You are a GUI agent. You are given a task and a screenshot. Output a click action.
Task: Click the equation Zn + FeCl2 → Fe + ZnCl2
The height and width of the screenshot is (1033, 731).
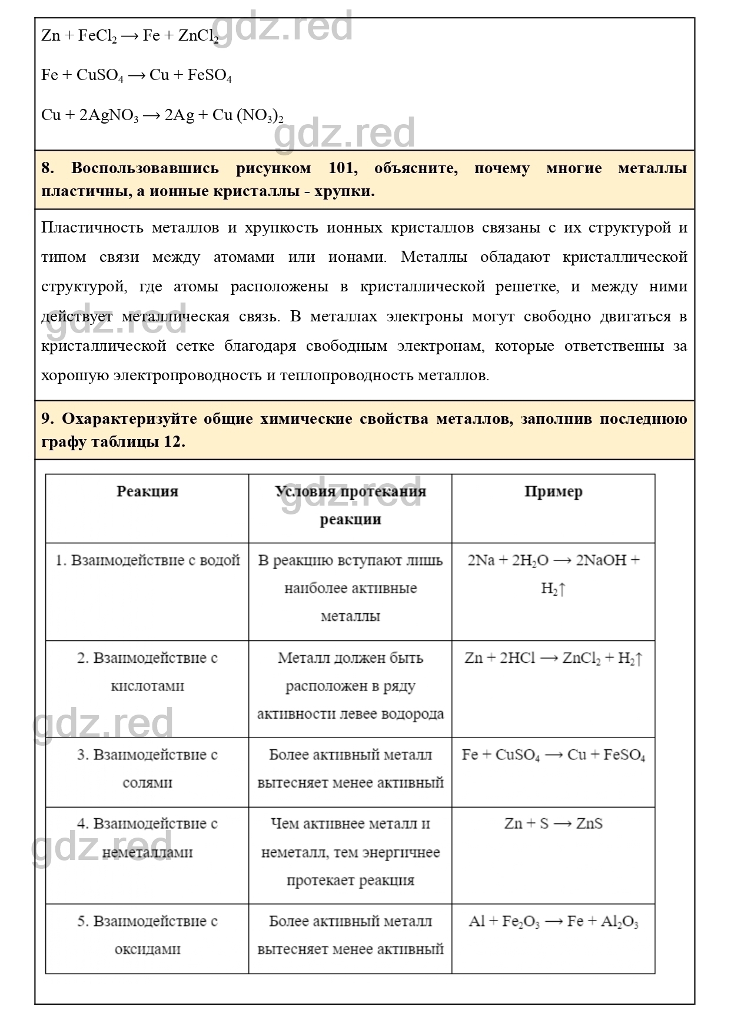pos(130,36)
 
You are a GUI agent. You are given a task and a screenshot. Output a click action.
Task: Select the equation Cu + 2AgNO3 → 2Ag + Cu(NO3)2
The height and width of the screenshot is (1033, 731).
pos(162,115)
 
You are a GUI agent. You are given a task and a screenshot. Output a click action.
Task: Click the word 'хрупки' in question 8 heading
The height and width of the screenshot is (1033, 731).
pos(344,192)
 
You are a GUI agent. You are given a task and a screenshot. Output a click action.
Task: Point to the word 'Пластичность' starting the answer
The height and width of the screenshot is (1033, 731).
pos(91,228)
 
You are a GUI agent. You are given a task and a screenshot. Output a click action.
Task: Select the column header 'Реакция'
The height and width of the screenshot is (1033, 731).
pos(147,492)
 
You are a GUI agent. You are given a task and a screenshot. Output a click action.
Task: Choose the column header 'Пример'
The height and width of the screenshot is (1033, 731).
pos(553,492)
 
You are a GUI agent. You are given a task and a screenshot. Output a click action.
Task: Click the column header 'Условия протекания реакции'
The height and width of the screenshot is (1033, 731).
pos(350,506)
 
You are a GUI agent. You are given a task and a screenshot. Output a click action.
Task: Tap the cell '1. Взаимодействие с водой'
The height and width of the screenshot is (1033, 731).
pos(147,560)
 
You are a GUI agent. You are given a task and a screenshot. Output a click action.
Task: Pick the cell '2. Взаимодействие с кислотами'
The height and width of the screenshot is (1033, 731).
pos(147,672)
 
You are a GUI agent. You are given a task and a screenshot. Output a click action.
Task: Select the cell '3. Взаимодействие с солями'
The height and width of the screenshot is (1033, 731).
pos(147,769)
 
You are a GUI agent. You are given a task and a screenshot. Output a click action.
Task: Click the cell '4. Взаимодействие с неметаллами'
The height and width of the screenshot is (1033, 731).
pos(147,838)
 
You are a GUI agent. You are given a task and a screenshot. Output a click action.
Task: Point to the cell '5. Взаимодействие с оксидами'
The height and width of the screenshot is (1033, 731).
pos(147,935)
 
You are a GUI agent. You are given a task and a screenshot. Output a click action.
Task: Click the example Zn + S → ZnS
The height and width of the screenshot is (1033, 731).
pos(553,824)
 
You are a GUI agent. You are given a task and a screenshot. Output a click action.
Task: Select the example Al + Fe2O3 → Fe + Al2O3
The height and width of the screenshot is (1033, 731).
pos(553,922)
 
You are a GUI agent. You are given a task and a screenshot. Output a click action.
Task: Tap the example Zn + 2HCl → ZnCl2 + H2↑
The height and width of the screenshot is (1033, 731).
pos(553,659)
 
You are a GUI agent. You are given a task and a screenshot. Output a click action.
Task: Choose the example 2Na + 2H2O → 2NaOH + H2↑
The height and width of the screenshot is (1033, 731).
pos(553,574)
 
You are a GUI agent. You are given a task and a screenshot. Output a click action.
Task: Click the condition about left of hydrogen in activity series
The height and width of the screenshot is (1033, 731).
pos(350,686)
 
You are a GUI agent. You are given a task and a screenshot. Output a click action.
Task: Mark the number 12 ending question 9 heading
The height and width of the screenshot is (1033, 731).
pos(174,443)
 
